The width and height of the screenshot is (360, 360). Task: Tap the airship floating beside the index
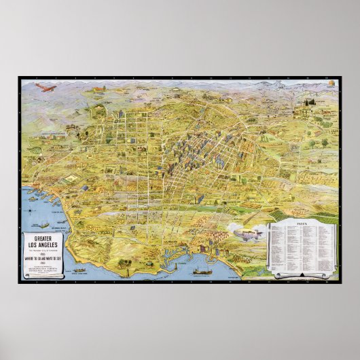(247, 234)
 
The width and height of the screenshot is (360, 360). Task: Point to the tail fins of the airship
(238, 234)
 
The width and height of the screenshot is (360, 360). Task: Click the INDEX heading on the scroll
(303, 226)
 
